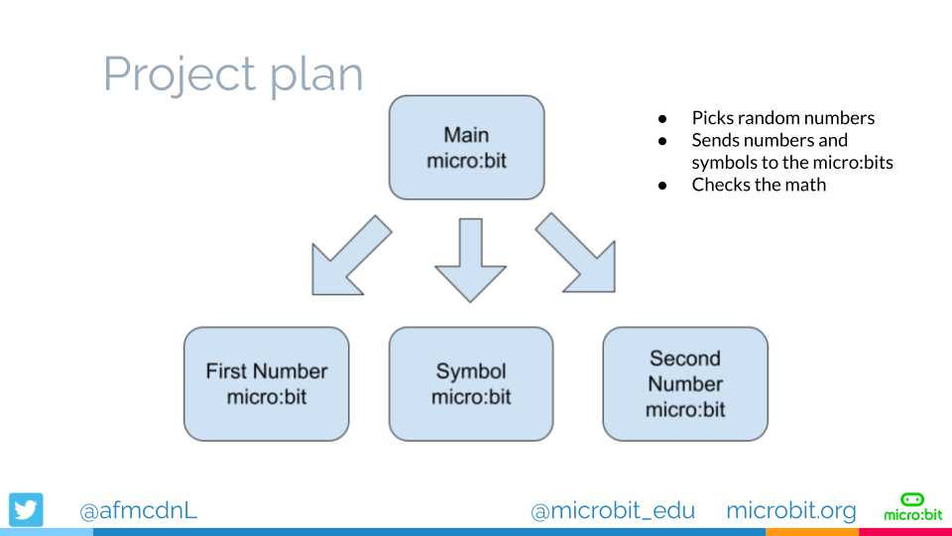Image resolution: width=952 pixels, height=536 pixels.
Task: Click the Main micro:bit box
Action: (x=466, y=148)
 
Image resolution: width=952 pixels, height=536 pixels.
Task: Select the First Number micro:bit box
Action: (x=266, y=384)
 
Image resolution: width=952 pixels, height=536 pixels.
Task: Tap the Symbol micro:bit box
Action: (x=471, y=384)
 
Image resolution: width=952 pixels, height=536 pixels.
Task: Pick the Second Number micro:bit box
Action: (x=685, y=384)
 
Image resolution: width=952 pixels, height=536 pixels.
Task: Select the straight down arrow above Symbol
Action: (x=471, y=260)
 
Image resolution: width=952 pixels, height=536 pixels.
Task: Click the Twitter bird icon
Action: (x=27, y=510)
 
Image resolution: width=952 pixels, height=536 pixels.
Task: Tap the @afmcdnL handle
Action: (x=138, y=510)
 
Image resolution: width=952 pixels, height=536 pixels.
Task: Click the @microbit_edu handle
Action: (x=613, y=510)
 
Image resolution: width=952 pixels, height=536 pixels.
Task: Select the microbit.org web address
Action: (x=790, y=510)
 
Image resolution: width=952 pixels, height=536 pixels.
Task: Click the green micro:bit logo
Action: (x=912, y=506)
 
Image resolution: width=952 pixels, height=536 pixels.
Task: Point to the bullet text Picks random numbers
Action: (x=783, y=118)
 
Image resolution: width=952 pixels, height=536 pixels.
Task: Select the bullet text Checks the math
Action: (x=759, y=185)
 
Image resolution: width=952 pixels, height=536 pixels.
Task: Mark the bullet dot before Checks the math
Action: (x=662, y=186)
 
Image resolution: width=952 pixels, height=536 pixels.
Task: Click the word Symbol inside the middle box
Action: (x=471, y=371)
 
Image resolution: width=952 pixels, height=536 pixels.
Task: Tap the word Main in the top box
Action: (x=466, y=135)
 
